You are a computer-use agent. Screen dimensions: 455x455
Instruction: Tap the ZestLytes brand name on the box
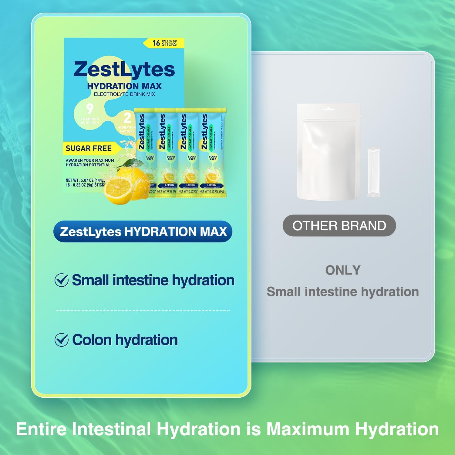click(x=124, y=69)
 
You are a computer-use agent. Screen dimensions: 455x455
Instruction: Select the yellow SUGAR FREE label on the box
click(x=89, y=148)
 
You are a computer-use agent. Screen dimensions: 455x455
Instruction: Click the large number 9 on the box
click(x=89, y=109)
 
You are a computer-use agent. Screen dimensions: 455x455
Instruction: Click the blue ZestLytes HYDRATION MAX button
click(x=143, y=232)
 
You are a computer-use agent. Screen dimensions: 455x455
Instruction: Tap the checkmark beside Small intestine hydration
click(x=61, y=280)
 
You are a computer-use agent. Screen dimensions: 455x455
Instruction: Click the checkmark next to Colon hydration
click(x=61, y=340)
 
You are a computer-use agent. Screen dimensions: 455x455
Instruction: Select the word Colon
click(x=92, y=340)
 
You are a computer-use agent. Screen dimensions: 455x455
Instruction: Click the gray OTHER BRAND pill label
click(x=339, y=226)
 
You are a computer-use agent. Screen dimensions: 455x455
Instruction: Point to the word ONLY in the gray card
click(x=343, y=270)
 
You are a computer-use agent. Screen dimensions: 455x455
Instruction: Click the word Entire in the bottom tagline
click(x=41, y=429)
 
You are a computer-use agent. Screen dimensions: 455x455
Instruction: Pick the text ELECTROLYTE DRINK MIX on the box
click(x=124, y=94)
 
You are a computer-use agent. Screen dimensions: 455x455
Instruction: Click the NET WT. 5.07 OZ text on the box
click(x=85, y=180)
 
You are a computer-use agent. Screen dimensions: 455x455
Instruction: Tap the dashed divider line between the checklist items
click(x=143, y=311)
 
